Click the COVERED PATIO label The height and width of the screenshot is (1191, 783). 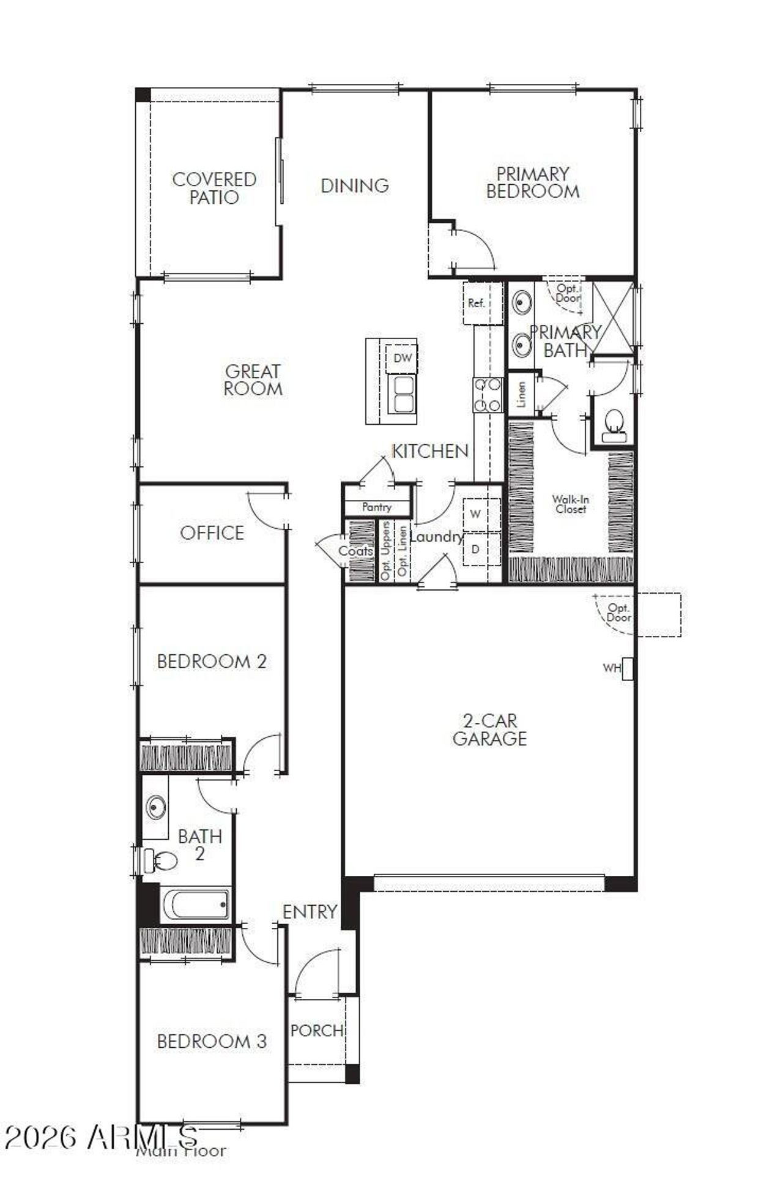(213, 188)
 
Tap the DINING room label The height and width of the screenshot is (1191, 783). (355, 185)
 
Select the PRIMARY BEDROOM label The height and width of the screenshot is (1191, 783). (532, 182)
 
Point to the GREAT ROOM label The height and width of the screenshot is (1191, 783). (253, 380)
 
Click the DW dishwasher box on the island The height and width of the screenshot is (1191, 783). (402, 358)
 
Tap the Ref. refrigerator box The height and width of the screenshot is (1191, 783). (477, 303)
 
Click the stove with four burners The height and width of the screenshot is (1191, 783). (488, 395)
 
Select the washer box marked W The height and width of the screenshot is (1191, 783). (475, 514)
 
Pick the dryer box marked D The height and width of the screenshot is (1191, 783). (475, 549)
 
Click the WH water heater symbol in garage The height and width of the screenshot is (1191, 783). (627, 668)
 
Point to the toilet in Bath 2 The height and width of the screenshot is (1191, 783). (160, 860)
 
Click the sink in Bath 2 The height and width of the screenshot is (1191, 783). (155, 807)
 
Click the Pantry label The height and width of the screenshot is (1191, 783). (377, 507)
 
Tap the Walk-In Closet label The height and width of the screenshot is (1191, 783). (570, 504)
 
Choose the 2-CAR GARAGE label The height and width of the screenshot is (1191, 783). (489, 730)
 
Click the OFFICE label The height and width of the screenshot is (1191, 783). (212, 533)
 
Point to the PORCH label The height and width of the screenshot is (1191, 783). (316, 1031)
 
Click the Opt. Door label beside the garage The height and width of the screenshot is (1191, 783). (618, 613)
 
